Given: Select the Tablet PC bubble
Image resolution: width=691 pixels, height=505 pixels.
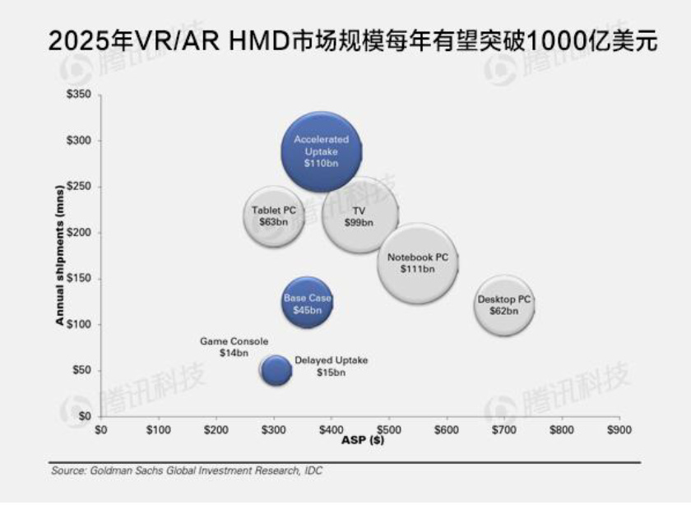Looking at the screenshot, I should click(x=274, y=215).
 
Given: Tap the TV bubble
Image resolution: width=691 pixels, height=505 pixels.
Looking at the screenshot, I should click(x=359, y=215).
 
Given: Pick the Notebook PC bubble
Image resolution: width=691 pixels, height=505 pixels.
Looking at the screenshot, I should click(x=418, y=262).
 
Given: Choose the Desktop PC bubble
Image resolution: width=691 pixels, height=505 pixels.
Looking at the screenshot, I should click(x=504, y=304).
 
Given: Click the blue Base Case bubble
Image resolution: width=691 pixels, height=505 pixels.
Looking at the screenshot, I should click(x=307, y=303).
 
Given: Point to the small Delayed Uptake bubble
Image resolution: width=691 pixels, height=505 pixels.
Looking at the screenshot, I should click(x=276, y=370).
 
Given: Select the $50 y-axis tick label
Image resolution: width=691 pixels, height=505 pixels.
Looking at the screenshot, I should click(x=81, y=370).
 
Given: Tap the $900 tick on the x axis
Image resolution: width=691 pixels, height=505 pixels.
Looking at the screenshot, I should click(x=619, y=429).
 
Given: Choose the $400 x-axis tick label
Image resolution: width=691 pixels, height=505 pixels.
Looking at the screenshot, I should click(x=331, y=429).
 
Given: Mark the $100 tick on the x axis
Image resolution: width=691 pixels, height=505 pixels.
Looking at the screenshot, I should click(x=158, y=429).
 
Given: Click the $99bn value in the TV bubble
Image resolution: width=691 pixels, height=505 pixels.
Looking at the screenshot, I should click(x=359, y=222).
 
